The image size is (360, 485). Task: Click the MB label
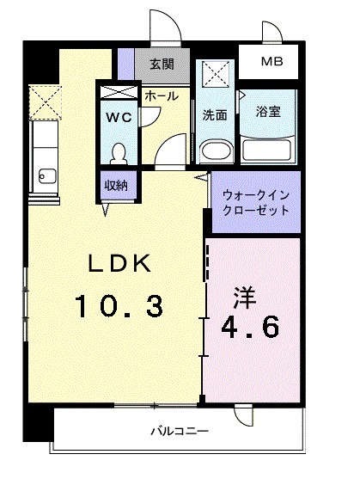[x=271, y=62]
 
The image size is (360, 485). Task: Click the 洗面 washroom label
[x=215, y=114]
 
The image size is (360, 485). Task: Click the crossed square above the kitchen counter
[x=43, y=101]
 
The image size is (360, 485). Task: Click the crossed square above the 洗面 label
[x=215, y=74]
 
